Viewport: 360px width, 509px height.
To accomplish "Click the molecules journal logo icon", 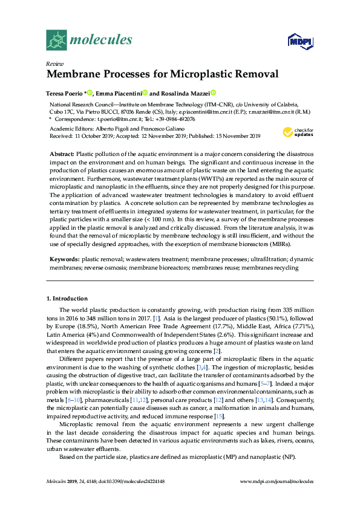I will click(x=57, y=40).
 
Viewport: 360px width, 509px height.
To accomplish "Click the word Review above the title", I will click(x=54, y=63).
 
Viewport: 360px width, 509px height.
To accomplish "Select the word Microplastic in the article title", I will click(x=192, y=75).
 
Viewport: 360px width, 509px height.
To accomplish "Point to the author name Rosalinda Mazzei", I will click(x=180, y=93).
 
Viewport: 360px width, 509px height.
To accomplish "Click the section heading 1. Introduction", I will click(x=67, y=299).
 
